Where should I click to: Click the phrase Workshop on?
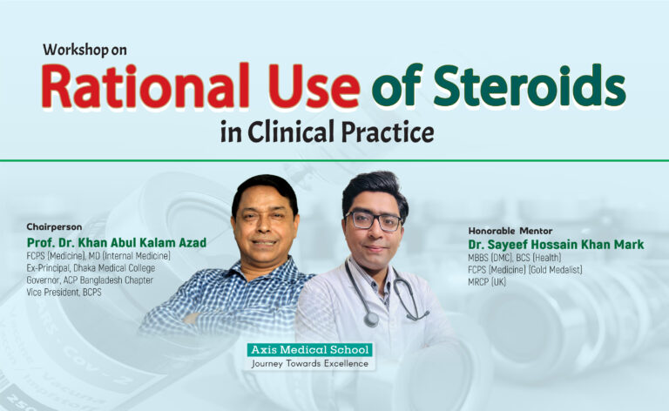point(84,50)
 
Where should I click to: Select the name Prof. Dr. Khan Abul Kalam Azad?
point(116,242)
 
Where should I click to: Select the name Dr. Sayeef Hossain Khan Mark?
point(556,245)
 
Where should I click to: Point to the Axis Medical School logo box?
point(309,350)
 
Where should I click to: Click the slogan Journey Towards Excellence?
point(309,362)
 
